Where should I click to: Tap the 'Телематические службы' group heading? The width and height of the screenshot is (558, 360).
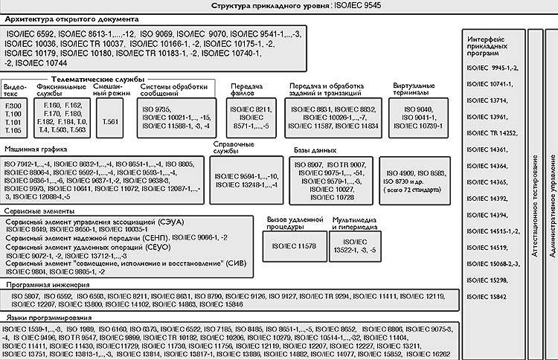click(x=97, y=78)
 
